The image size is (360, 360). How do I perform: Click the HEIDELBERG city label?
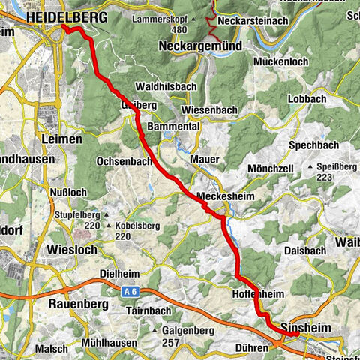[x=65, y=16]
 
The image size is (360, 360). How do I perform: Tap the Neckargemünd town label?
[x=199, y=46]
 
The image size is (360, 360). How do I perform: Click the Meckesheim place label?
[x=222, y=196]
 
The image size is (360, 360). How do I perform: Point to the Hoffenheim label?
[x=259, y=295]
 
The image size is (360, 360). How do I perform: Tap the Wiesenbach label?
[x=208, y=110]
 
